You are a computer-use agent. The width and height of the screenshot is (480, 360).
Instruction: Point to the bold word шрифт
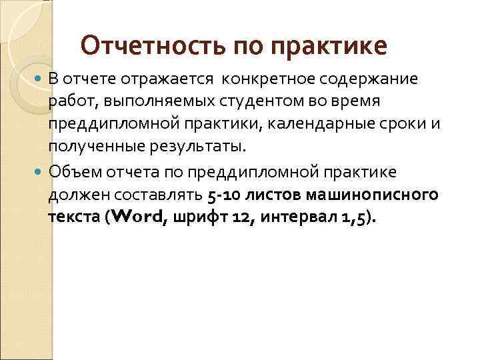[191, 218]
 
